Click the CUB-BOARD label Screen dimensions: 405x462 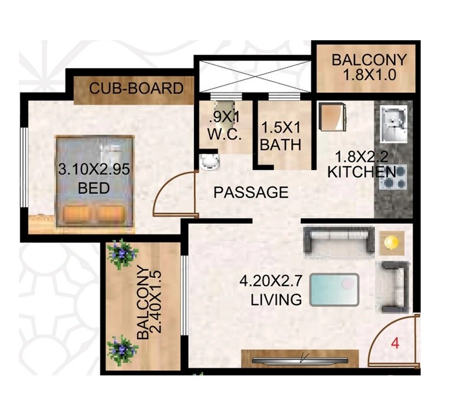coord(136,89)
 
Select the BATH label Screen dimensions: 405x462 coord(281,144)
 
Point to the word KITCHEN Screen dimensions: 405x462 coord(362,172)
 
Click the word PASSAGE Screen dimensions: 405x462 coord(251,192)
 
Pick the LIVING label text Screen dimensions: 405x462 coord(276,300)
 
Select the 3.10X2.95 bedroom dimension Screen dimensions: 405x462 coord(93,170)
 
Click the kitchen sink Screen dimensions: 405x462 coord(393,124)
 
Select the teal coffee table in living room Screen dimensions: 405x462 coord(334,290)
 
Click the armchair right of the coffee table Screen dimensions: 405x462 coord(393,288)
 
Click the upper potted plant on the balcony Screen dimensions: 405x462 coord(123,255)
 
